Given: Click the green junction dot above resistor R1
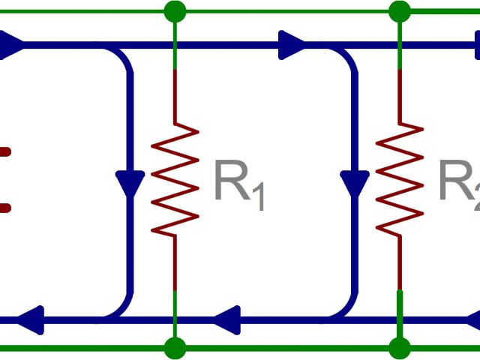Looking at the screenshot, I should pos(175,11).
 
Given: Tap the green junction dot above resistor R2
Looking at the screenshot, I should pos(399,11).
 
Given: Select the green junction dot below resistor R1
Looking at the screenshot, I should pos(175,348).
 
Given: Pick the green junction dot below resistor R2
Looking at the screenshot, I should pos(399,348).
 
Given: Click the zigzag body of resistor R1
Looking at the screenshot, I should pos(175,180).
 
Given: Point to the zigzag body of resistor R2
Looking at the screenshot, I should pos(399,180).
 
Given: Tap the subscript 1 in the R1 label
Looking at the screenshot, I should pos(258,198).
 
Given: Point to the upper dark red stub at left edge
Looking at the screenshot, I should pos(4,152).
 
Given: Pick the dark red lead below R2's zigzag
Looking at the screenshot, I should pos(399,262).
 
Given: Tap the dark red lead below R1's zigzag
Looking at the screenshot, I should pos(175,262).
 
